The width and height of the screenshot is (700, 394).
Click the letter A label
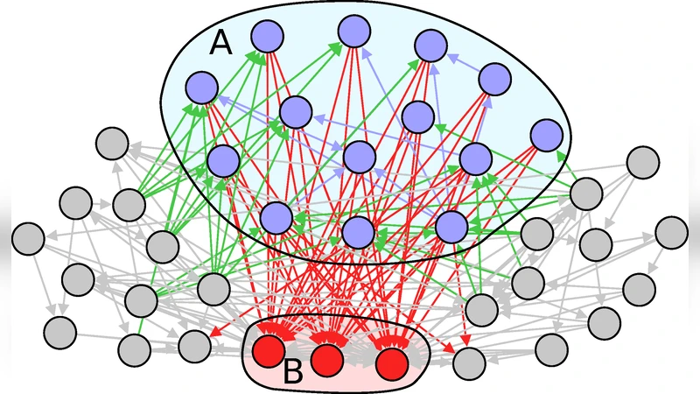tap(220, 44)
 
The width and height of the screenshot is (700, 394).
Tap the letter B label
tap(293, 373)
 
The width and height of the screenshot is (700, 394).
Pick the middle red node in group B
tap(325, 358)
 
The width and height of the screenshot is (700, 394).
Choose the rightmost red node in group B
tap(391, 361)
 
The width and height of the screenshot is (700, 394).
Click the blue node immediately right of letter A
tap(268, 36)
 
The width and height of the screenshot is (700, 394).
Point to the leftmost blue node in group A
tap(202, 86)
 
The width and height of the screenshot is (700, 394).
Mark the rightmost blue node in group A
tap(546, 134)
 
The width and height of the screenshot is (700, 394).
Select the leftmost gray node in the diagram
tap(28, 237)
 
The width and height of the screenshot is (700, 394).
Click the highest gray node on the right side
tap(642, 162)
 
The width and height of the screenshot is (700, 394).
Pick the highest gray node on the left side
tap(111, 142)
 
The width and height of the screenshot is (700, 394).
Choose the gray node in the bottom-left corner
tap(59, 332)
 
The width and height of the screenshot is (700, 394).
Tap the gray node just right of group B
tap(469, 361)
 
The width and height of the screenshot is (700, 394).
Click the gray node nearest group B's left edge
tap(194, 346)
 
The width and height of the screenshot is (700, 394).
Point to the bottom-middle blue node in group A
tap(358, 232)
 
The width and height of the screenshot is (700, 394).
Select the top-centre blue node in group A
tap(353, 31)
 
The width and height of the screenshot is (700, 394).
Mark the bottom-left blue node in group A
tap(276, 217)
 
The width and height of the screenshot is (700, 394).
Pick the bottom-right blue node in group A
tap(452, 226)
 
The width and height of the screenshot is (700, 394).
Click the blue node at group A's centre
tap(359, 157)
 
